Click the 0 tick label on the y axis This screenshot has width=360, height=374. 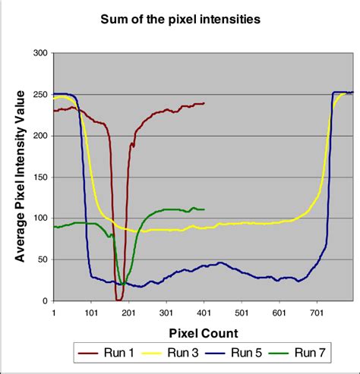(44, 301)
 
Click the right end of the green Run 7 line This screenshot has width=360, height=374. (204, 209)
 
